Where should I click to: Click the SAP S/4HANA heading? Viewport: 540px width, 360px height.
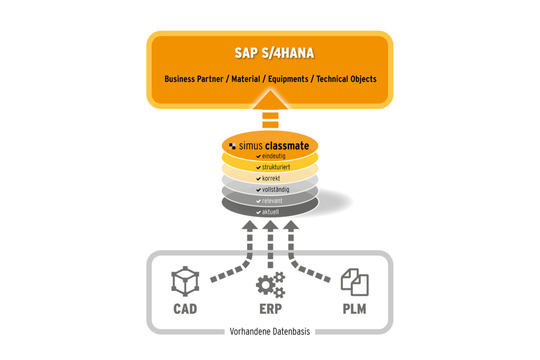coord(274,53)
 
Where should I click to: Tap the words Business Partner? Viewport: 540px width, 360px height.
coord(194,79)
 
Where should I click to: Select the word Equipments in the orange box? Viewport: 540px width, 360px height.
coord(288,79)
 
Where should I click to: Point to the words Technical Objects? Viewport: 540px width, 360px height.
coord(346,79)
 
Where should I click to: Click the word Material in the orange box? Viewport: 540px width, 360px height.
coord(246,79)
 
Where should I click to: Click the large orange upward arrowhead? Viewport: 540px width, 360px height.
coord(270,102)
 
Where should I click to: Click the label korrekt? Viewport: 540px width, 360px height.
coord(271,179)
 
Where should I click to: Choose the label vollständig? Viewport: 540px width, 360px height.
coord(275,190)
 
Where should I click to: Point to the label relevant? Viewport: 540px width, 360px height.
coord(272,201)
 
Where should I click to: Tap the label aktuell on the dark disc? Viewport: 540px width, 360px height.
coord(271,211)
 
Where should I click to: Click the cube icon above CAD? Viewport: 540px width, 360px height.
coord(185,281)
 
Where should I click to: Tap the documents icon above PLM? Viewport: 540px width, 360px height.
coord(355,282)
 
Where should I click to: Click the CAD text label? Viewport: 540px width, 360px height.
coord(185,310)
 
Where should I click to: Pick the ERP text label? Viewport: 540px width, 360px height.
coord(270,310)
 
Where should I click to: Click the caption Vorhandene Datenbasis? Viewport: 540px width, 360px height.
coord(270,332)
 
